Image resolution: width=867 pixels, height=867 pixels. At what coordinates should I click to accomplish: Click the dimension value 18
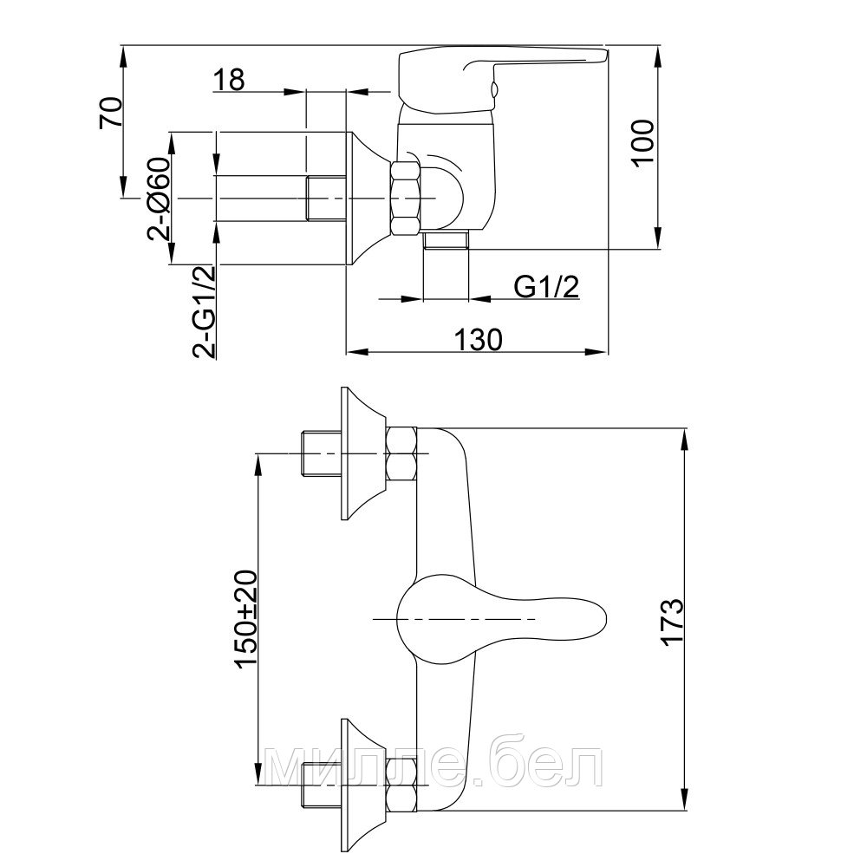[228, 79]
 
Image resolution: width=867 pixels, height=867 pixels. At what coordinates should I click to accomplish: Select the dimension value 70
[110, 113]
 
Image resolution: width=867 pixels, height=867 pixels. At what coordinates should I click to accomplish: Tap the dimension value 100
[642, 142]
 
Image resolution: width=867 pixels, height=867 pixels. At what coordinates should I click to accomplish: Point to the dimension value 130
[479, 339]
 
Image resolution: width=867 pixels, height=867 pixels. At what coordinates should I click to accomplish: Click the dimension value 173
[673, 621]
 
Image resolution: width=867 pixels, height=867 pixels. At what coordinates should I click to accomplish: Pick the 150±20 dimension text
[246, 619]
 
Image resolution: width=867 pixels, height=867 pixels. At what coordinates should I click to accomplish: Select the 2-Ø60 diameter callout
[158, 198]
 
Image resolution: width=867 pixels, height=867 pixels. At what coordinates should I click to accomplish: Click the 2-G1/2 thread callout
[204, 312]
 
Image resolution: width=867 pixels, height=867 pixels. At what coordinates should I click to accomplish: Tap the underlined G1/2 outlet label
[547, 287]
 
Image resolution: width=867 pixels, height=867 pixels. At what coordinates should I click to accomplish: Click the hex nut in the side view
[405, 198]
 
